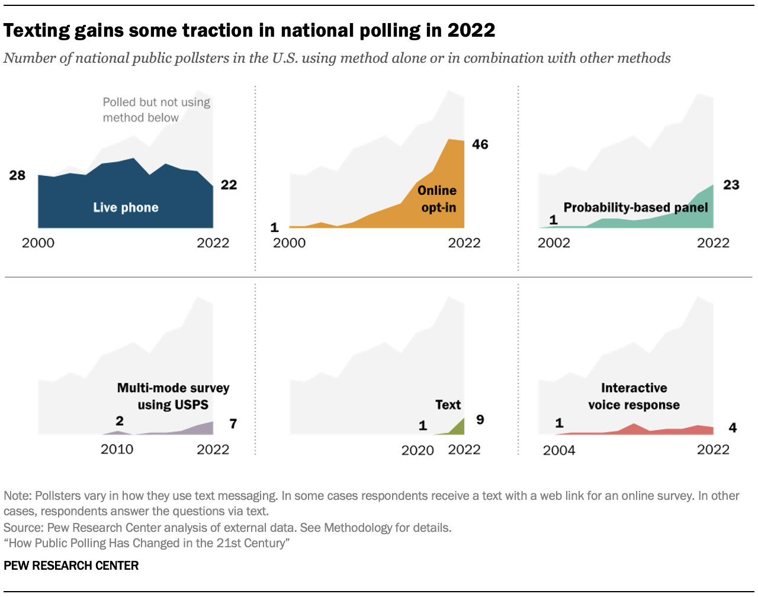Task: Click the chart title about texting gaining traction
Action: point(249,30)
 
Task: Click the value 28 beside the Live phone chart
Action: point(17,175)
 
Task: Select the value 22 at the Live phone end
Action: point(229,185)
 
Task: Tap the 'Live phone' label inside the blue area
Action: point(126,207)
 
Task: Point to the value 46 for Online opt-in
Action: point(480,145)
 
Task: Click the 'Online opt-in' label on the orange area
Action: point(438,199)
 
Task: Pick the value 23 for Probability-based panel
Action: point(731,185)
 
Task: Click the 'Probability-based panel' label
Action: point(635,207)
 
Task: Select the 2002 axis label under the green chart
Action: point(554,243)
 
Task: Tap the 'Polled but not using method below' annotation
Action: point(156,110)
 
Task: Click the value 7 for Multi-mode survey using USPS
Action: point(233,424)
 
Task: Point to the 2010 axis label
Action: point(117,450)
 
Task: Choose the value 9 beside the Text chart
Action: point(480,420)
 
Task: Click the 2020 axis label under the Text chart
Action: point(417,451)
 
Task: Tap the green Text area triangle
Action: point(458,428)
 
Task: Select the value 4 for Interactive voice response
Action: point(733,428)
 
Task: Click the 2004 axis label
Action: point(558,451)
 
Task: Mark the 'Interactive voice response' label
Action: point(634,396)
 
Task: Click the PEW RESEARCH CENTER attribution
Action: point(71,566)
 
